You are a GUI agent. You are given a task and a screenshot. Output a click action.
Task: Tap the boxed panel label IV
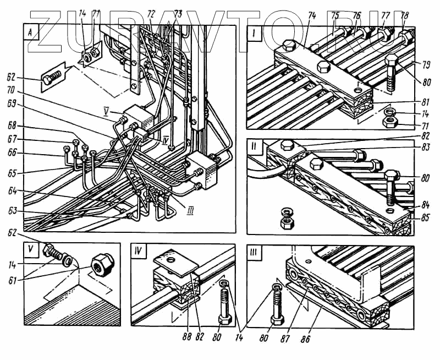[x=139, y=252]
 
